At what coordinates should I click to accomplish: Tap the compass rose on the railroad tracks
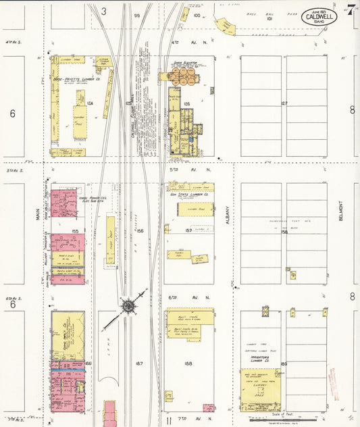click(x=128, y=307)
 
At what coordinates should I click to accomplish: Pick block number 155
click(x=75, y=231)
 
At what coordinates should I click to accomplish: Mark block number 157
click(x=188, y=231)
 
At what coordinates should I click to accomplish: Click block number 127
click(x=284, y=103)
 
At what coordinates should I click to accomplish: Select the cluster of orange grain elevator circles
click(x=182, y=76)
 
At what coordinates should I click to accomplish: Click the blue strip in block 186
click(x=68, y=370)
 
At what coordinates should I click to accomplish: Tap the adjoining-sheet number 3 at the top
click(x=104, y=11)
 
